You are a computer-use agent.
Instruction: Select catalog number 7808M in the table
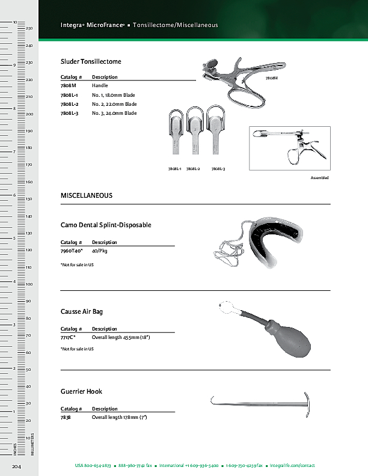pyautogui.click(x=68, y=86)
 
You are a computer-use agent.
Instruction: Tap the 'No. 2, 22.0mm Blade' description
pyautogui.click(x=114, y=104)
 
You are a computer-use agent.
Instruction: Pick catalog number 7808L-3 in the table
pyautogui.click(x=70, y=113)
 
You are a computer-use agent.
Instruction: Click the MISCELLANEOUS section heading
pyautogui.click(x=87, y=196)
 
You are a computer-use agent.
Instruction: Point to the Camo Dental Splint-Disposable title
pyautogui.click(x=106, y=225)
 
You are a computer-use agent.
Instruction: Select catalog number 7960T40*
pyautogui.click(x=72, y=251)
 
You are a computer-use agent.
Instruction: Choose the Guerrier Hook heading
pyautogui.click(x=81, y=391)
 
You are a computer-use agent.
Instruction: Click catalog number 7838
pyautogui.click(x=66, y=417)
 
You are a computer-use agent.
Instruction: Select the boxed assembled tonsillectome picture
pyautogui.click(x=289, y=148)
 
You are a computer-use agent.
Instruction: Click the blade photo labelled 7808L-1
pyautogui.click(x=175, y=135)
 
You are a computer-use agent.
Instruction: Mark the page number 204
pyautogui.click(x=17, y=466)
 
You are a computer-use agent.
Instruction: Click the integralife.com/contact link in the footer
pyautogui.click(x=292, y=466)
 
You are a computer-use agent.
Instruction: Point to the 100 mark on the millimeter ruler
pyautogui.click(x=29, y=284)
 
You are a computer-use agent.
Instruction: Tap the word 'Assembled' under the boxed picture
pyautogui.click(x=319, y=178)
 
